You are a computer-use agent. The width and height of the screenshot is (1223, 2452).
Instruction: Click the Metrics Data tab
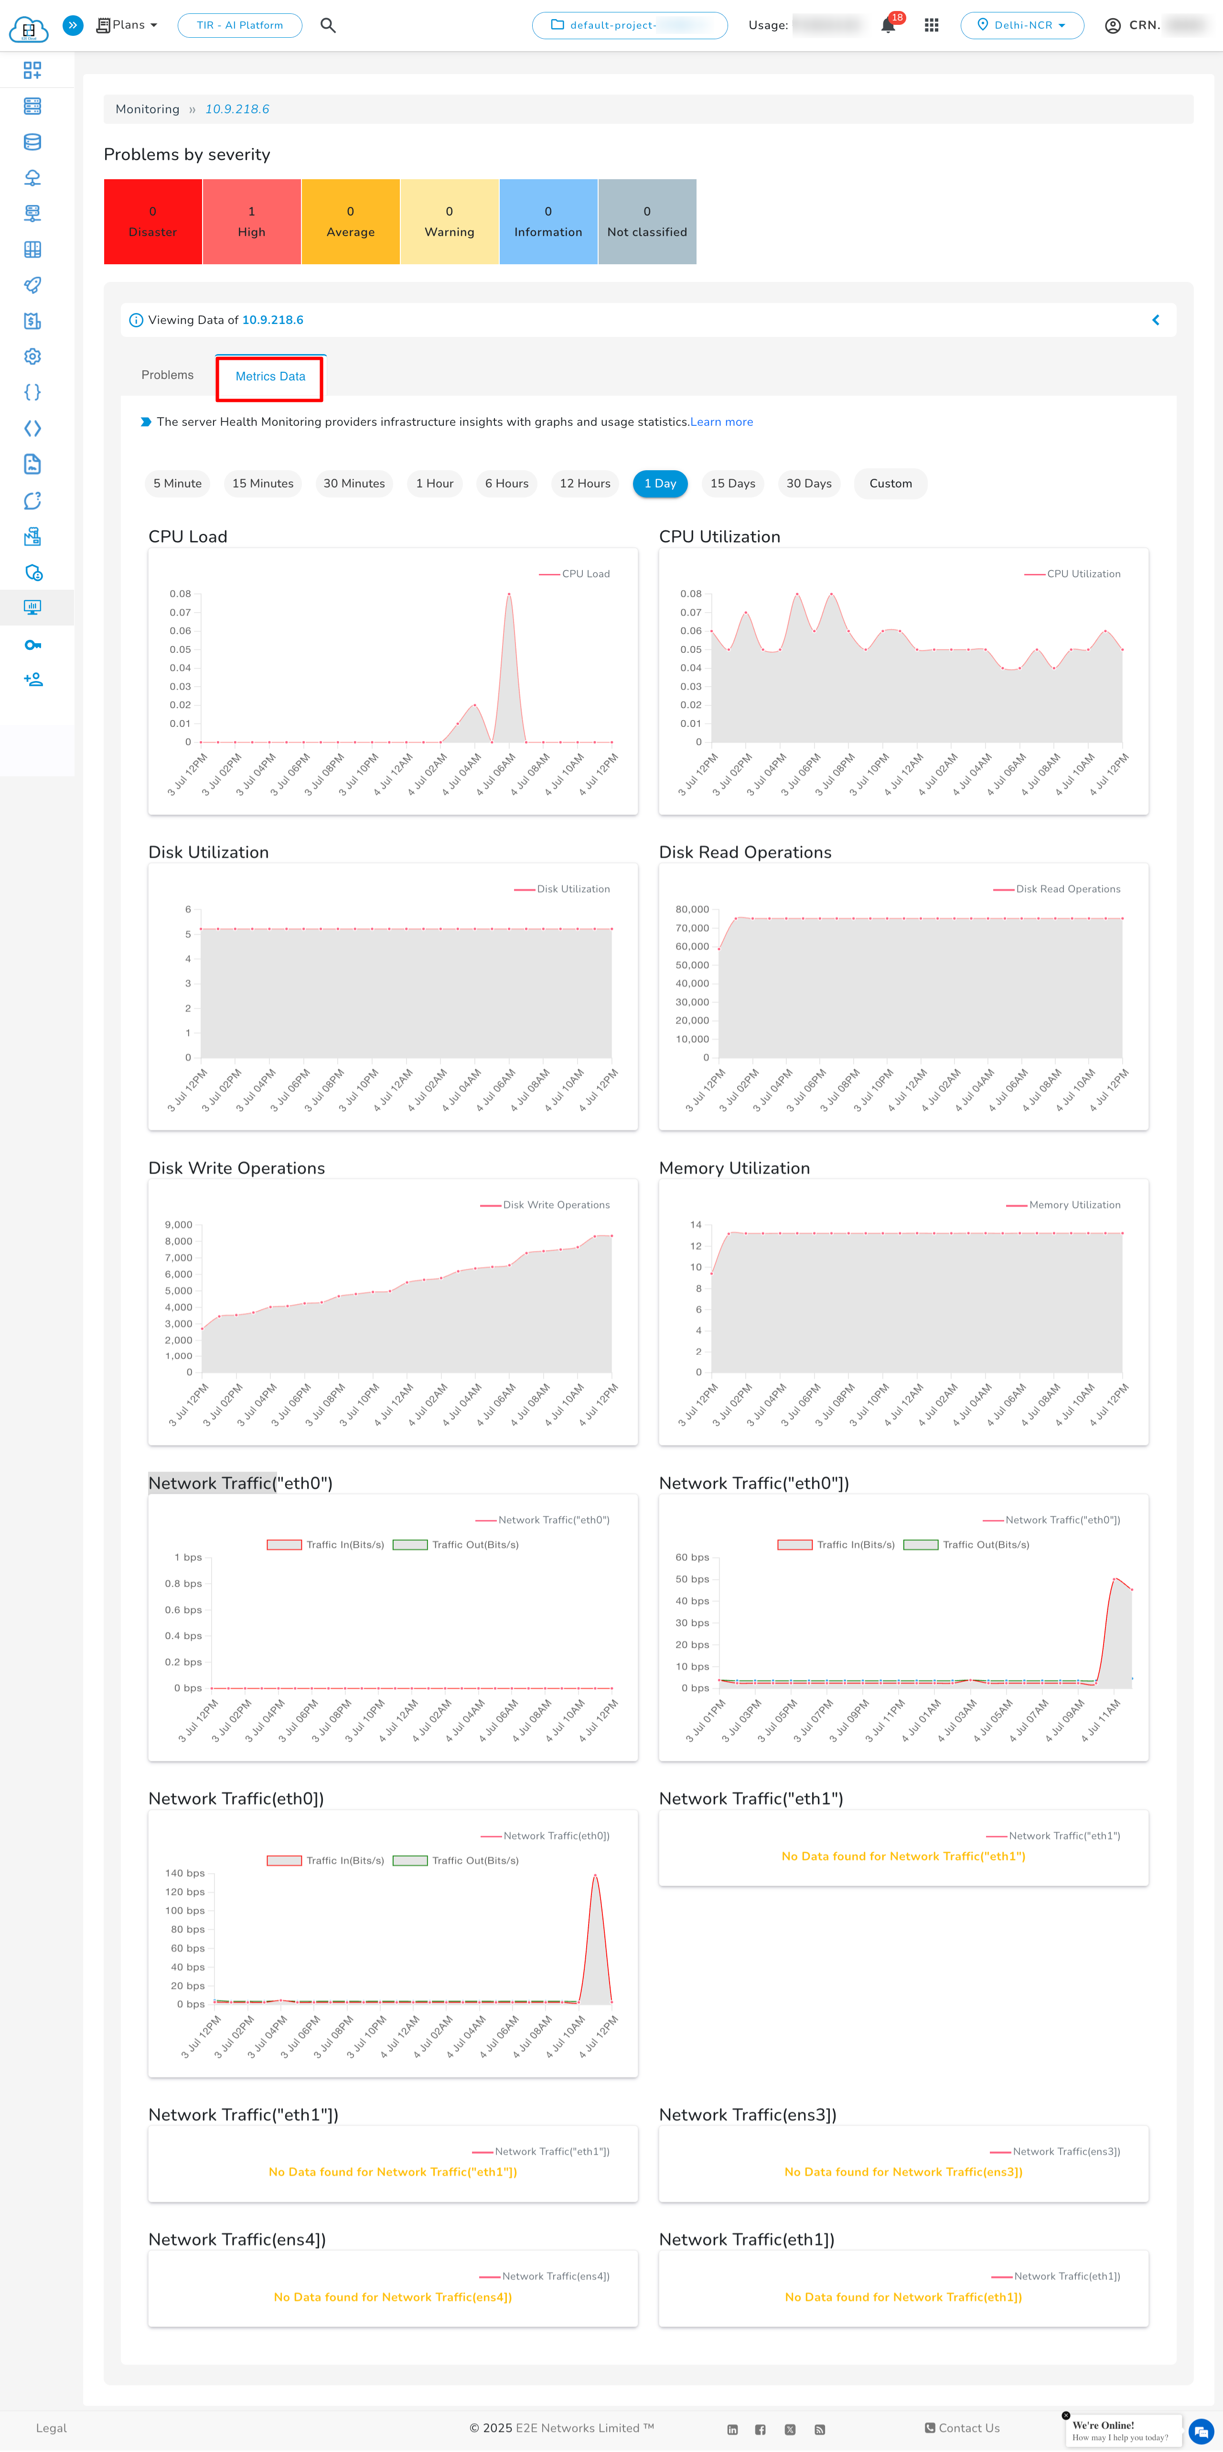coord(270,377)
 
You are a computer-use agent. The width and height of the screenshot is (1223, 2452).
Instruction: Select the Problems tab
coord(168,375)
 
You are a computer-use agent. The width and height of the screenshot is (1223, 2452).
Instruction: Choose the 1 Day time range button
coord(660,484)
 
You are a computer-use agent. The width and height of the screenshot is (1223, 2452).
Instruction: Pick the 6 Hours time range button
coord(506,484)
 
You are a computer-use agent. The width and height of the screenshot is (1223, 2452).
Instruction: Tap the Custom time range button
coord(890,484)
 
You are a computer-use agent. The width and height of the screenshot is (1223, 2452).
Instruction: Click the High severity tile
coord(251,222)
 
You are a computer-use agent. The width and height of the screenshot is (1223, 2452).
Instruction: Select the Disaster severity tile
coord(152,222)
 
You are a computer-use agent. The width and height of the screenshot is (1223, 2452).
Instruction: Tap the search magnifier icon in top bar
coord(327,26)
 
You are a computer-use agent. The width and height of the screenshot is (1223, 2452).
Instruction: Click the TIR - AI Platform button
coord(240,26)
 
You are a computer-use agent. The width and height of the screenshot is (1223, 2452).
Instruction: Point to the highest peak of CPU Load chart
coord(509,594)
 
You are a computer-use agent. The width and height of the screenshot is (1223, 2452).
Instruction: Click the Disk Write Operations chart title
coord(236,1168)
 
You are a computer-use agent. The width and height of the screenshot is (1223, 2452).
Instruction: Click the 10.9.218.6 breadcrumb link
coord(237,109)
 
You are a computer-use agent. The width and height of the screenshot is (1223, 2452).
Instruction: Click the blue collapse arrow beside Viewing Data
coord(1156,321)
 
